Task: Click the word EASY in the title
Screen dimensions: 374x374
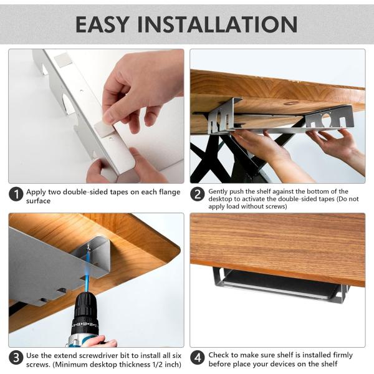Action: pos(102,24)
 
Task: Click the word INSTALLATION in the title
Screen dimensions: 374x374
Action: pos(218,24)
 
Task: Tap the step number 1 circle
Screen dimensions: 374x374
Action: pos(16,194)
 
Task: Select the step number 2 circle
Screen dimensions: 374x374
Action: pos(197,194)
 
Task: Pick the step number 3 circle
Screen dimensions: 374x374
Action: pos(16,358)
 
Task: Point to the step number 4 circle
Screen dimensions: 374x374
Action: pos(197,358)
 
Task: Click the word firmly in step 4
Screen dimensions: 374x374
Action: pos(340,355)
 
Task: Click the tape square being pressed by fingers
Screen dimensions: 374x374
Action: pos(104,129)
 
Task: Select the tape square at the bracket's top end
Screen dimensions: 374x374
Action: pos(63,59)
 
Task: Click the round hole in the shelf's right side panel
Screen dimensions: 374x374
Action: pos(326,118)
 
